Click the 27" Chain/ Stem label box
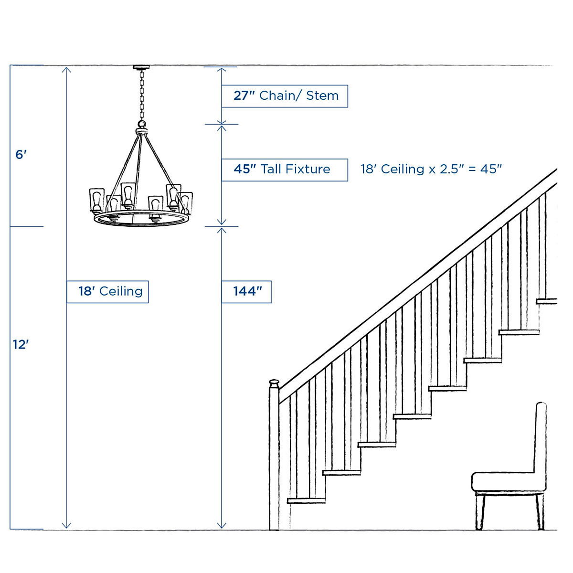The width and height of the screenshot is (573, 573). pyautogui.click(x=285, y=96)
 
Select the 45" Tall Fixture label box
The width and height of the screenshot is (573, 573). pyautogui.click(x=285, y=170)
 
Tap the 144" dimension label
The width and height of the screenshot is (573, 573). pyautogui.click(x=246, y=291)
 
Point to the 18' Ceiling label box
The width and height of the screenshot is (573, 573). pyautogui.click(x=108, y=291)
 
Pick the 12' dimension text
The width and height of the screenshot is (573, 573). pyautogui.click(x=21, y=344)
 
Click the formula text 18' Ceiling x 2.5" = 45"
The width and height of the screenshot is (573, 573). pyautogui.click(x=431, y=169)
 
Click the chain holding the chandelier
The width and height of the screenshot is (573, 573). pyautogui.click(x=141, y=95)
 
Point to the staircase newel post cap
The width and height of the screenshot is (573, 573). pyautogui.click(x=274, y=383)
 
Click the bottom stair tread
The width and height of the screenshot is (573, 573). pyautogui.click(x=306, y=500)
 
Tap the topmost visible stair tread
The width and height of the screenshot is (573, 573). pyautogui.click(x=546, y=301)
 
